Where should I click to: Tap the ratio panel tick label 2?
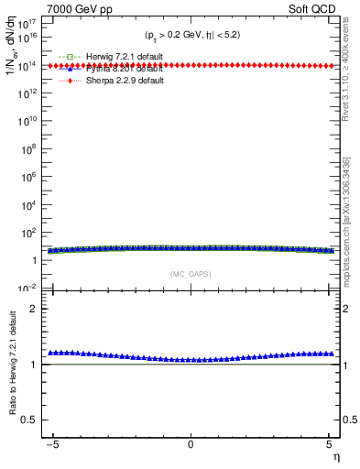[35, 309]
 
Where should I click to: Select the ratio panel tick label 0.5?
[31, 420]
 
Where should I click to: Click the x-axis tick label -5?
[54, 444]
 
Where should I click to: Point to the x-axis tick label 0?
[191, 444]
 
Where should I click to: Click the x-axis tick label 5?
[326, 444]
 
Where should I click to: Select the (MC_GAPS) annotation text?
[191, 274]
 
